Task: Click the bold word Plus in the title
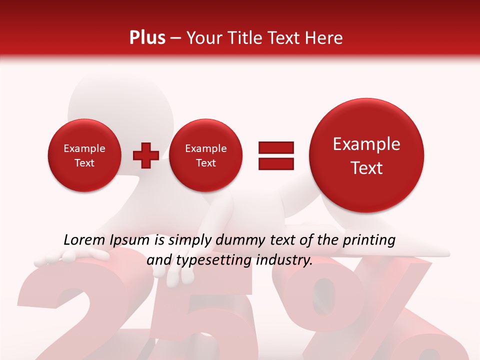pyautogui.click(x=147, y=38)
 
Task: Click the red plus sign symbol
pyautogui.click(x=146, y=155)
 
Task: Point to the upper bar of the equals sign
pyautogui.click(x=276, y=147)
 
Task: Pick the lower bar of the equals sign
pyautogui.click(x=276, y=163)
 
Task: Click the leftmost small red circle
pyautogui.click(x=84, y=155)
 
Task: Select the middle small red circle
pyautogui.click(x=206, y=155)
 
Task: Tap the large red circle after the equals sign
pyautogui.click(x=366, y=155)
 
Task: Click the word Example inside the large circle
pyautogui.click(x=366, y=144)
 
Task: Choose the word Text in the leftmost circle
pyautogui.click(x=84, y=163)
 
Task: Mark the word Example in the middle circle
pyautogui.click(x=206, y=148)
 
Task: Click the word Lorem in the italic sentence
pyautogui.click(x=84, y=240)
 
